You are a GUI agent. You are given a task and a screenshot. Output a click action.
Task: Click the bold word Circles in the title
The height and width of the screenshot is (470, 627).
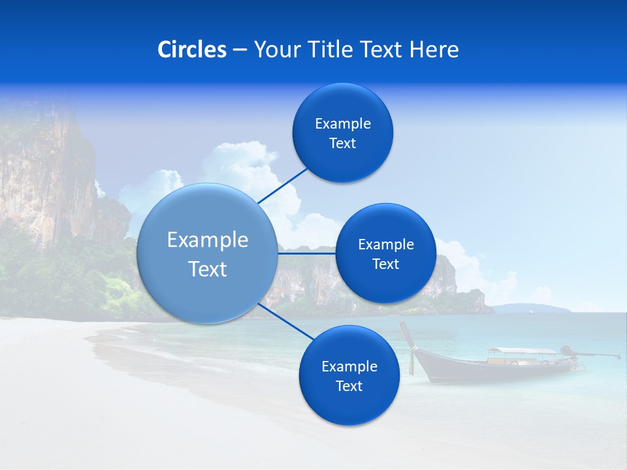pos(191,50)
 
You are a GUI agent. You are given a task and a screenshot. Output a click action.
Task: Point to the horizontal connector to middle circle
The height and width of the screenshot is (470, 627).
pos(306,253)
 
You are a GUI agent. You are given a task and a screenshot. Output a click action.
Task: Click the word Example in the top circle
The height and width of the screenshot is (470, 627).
pos(343,123)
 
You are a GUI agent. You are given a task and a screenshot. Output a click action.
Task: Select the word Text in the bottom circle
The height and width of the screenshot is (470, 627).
pos(349,386)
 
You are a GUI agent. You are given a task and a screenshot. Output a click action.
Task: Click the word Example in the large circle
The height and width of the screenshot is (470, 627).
pos(208,240)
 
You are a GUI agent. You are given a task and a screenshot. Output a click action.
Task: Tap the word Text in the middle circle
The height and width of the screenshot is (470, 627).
pos(385,264)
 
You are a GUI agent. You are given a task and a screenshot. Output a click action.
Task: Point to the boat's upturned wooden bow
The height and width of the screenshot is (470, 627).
pos(408,336)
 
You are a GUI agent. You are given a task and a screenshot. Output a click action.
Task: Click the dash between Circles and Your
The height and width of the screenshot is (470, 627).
pos(239,50)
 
